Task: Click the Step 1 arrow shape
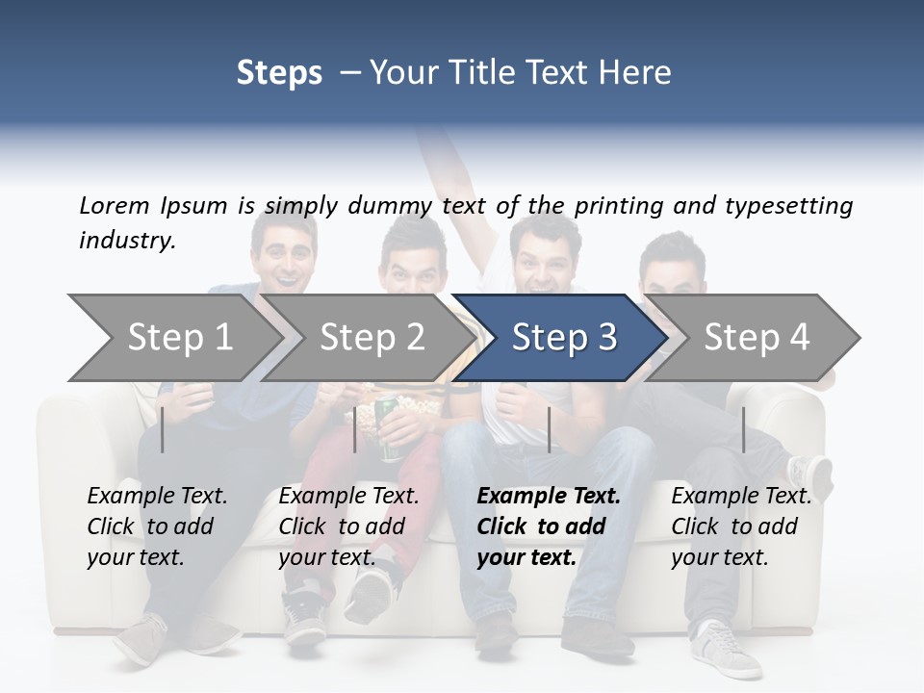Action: [x=179, y=338]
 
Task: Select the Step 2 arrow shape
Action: [x=372, y=338]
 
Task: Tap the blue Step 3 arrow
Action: [x=563, y=338]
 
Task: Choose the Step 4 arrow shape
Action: [x=756, y=338]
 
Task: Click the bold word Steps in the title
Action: [x=279, y=72]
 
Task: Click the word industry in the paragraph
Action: [x=126, y=241]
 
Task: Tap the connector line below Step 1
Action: [x=163, y=429]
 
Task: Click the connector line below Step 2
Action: [x=355, y=429]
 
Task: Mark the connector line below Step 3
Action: [x=549, y=429]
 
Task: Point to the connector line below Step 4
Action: [x=743, y=429]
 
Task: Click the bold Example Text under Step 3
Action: [x=549, y=497]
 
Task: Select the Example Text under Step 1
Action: [x=157, y=497]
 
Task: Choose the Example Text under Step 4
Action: [x=741, y=497]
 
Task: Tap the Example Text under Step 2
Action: [x=348, y=497]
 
